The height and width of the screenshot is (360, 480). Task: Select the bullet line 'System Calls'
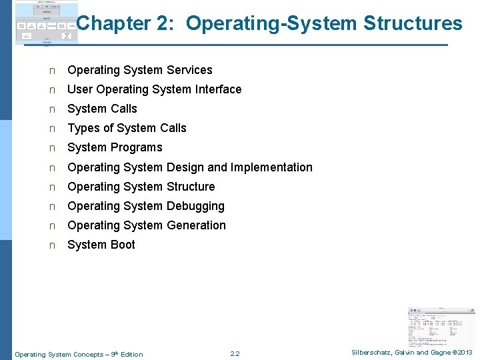[102, 109]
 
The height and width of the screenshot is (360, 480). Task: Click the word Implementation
[271, 167]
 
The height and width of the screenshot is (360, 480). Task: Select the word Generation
[197, 225]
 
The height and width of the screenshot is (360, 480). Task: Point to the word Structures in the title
[413, 24]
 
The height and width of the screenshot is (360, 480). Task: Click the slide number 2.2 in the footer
[234, 353]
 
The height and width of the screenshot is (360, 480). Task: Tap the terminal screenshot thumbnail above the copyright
[441, 326]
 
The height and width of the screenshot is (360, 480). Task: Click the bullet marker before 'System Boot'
[51, 245]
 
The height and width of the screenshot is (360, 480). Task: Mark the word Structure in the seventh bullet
[191, 187]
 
